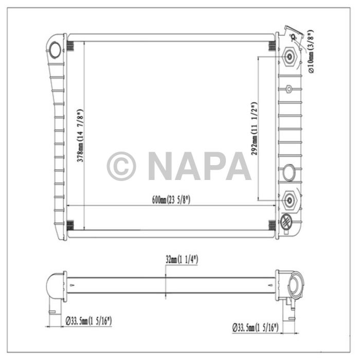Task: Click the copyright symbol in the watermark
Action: [x=121, y=166]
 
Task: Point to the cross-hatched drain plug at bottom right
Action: [x=285, y=222]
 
